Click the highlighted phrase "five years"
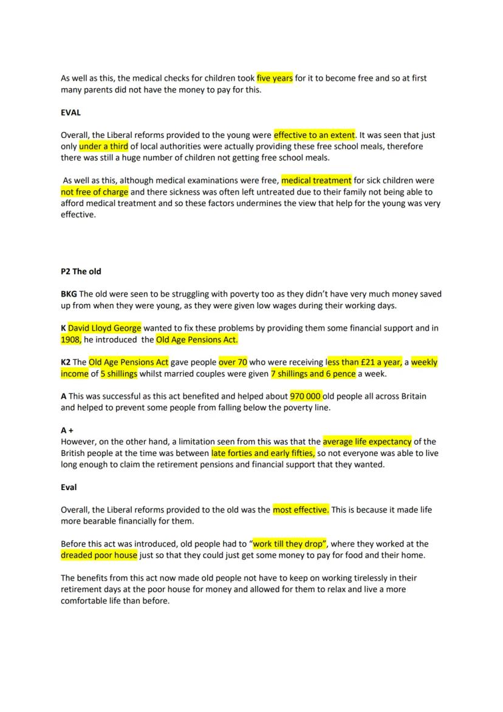275,78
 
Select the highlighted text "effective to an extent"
314,135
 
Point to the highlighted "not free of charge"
95,192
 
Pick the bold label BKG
69,294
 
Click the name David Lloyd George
104,328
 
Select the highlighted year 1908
71,340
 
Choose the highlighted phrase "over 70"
233,362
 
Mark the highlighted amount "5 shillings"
118,374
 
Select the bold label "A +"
67,430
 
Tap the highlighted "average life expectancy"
367,441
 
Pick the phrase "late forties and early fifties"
262,453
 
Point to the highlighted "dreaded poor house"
99,556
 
